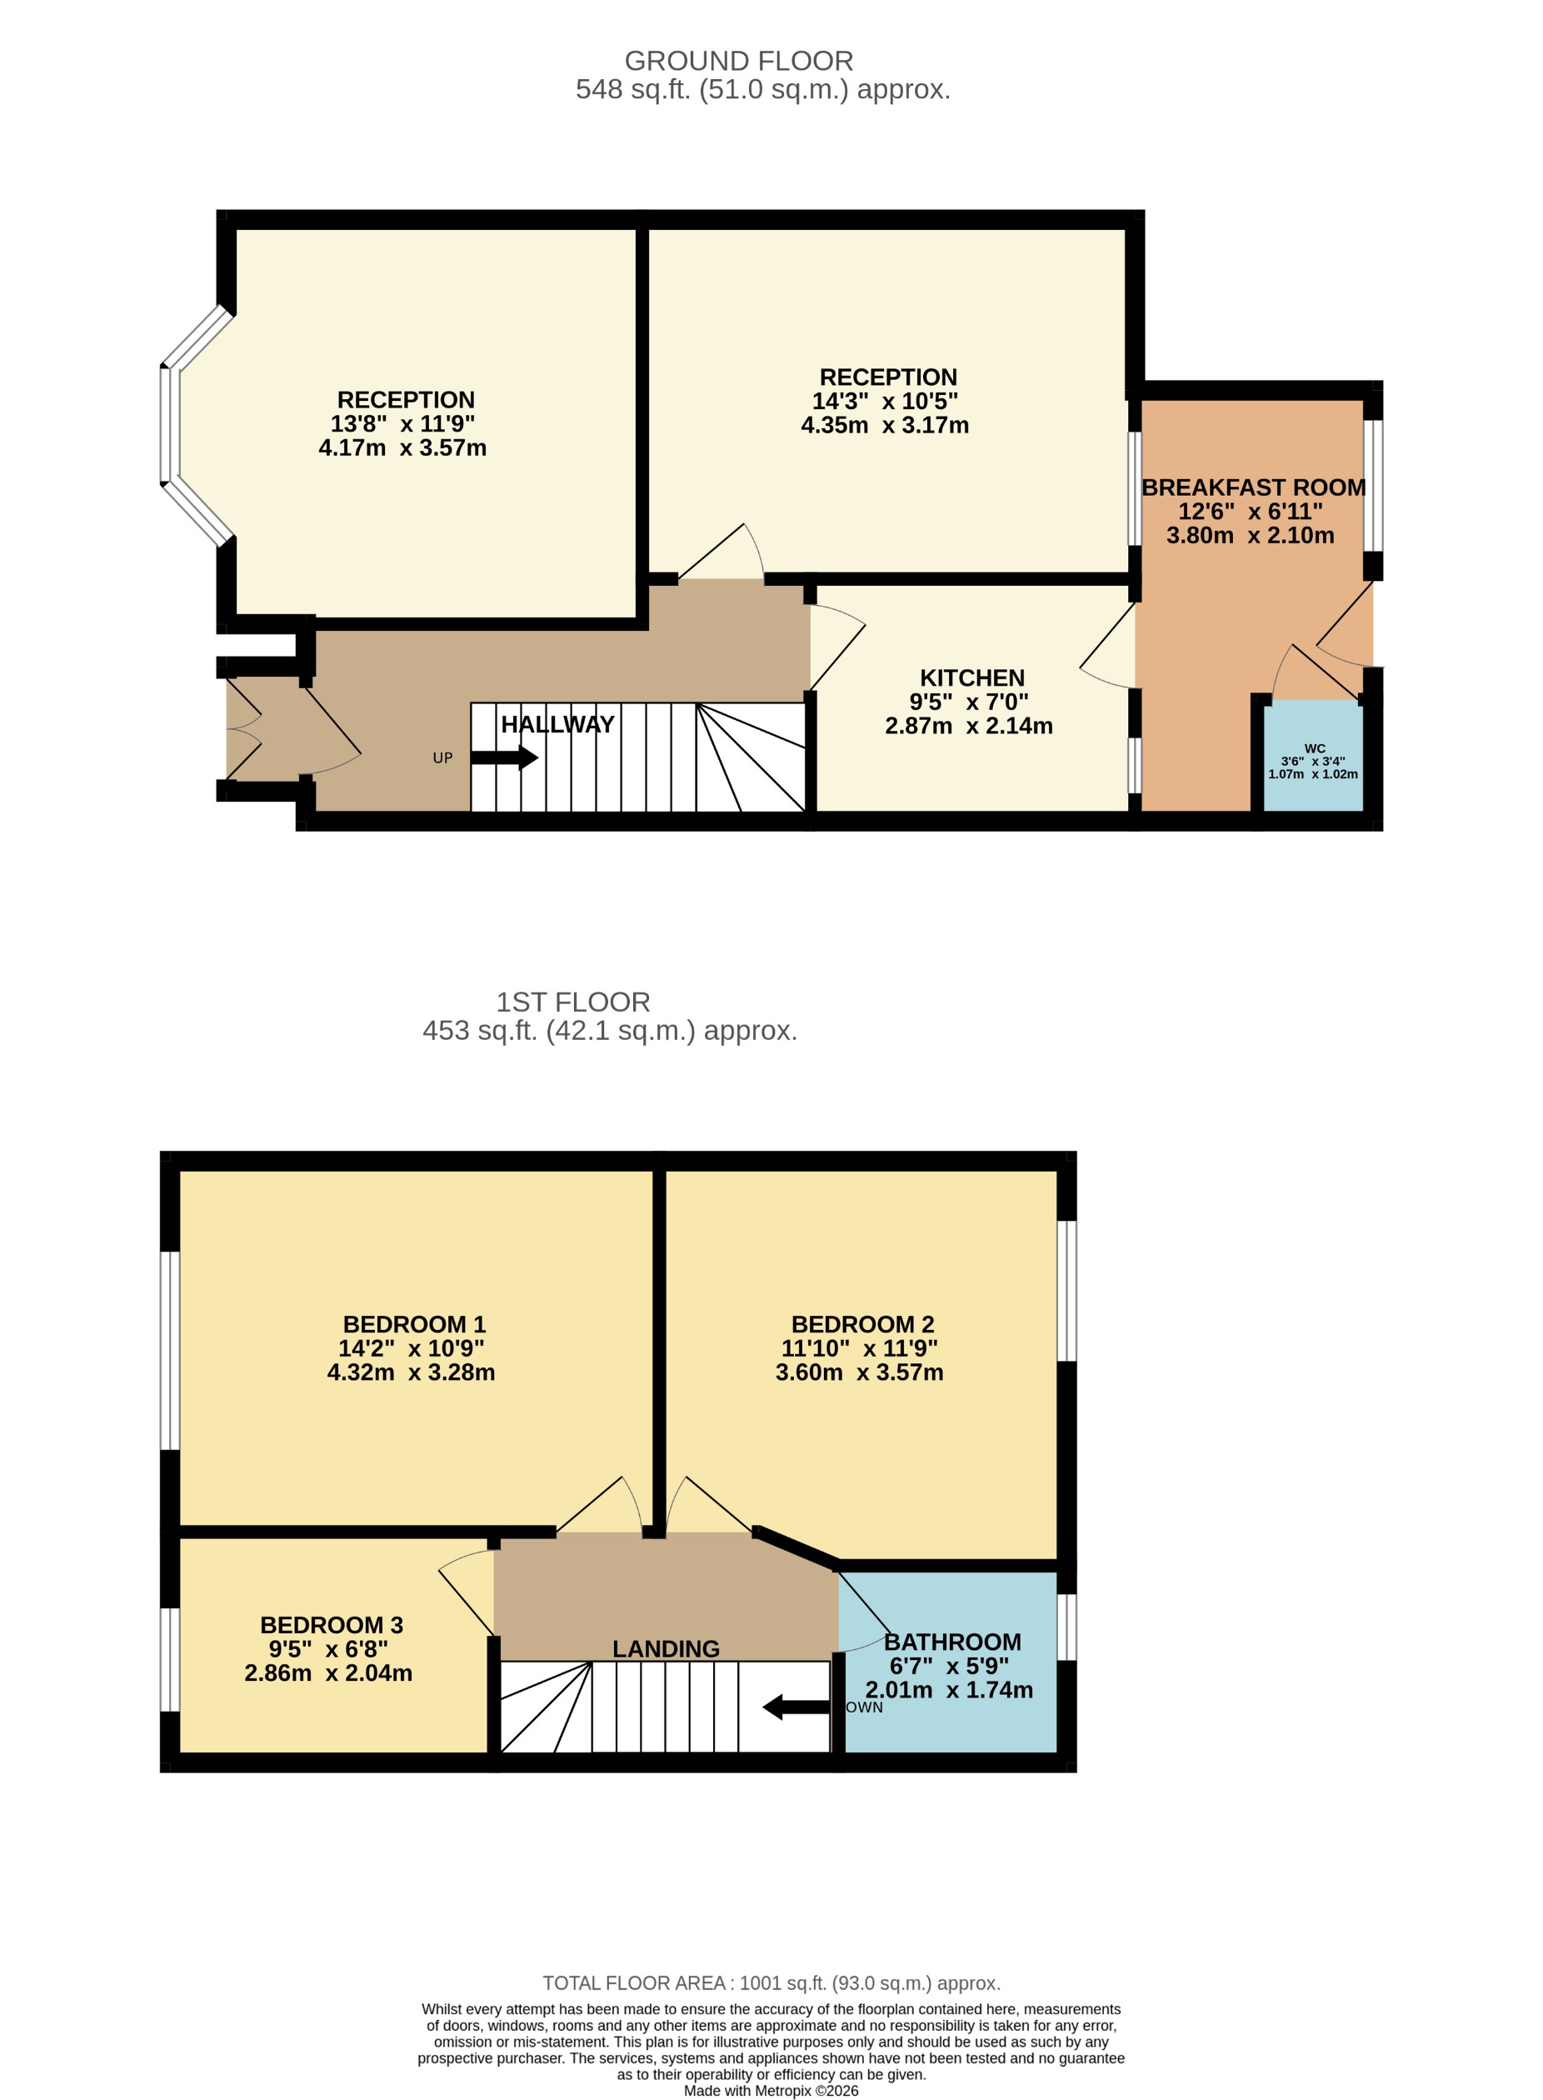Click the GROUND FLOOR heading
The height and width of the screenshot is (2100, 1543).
[738, 61]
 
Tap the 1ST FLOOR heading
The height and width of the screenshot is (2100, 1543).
[572, 1002]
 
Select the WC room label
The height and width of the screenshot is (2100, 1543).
[1314, 748]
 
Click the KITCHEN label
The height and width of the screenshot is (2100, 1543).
[971, 677]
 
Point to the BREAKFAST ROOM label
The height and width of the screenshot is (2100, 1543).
[1252, 487]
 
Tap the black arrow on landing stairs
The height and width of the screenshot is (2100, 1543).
[796, 1707]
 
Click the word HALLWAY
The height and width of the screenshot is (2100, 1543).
[557, 724]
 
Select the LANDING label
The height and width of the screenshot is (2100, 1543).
[666, 1649]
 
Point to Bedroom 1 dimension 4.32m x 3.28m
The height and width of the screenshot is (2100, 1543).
[411, 1372]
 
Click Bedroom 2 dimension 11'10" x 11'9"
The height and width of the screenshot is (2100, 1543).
[859, 1348]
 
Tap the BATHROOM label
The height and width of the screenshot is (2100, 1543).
[951, 1642]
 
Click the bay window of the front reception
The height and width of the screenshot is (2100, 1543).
[170, 425]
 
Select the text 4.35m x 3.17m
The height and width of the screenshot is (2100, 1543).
[885, 425]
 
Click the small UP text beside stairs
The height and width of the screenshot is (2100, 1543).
[442, 757]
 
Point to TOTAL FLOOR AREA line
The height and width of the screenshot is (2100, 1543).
[771, 1982]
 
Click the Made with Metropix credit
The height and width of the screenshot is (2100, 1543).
[771, 2091]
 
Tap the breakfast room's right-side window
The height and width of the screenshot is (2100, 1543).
[1372, 486]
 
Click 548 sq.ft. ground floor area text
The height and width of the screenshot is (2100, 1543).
[762, 90]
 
